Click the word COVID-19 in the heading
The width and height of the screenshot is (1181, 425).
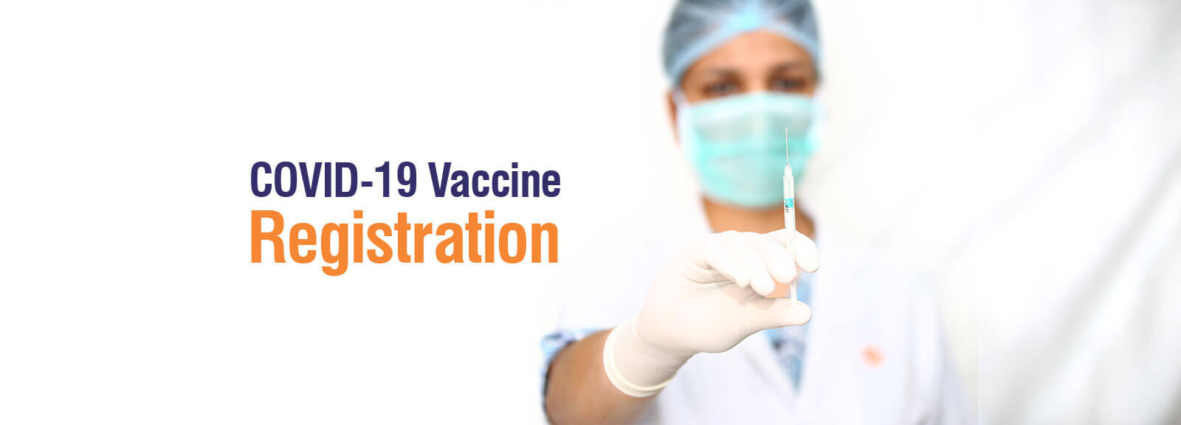(x=334, y=180)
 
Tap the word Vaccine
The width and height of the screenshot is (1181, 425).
(x=494, y=180)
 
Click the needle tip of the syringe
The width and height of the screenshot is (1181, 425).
(x=787, y=130)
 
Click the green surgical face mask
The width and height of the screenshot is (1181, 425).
(x=748, y=148)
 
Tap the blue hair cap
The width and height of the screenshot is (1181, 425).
(x=741, y=34)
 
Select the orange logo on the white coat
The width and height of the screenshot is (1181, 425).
(x=872, y=356)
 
